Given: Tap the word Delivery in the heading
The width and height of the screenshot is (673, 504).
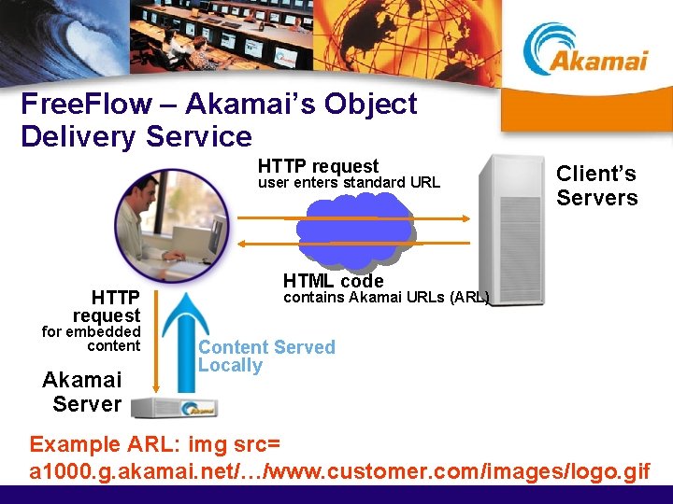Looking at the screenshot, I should click(77, 137).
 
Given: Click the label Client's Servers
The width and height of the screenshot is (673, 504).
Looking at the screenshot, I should click(596, 186).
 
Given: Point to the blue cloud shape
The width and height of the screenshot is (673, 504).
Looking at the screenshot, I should click(354, 230).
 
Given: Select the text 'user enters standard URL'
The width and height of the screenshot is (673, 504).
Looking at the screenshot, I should click(348, 183).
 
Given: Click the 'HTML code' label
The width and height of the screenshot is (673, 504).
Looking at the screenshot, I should click(333, 281).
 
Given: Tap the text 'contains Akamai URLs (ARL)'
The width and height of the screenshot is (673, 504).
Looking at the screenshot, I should click(386, 298).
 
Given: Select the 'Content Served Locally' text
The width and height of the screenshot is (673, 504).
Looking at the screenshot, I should click(265, 356).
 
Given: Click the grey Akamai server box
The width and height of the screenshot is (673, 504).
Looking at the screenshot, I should click(173, 407).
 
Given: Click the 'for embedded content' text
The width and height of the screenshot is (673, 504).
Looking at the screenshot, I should click(93, 339).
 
